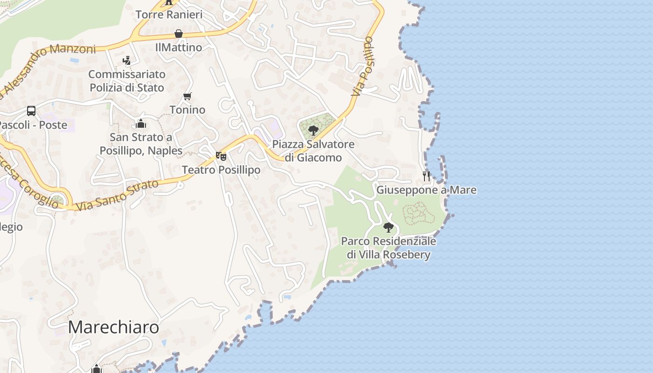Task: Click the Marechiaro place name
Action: coord(113,327)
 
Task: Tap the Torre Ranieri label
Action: coord(169,14)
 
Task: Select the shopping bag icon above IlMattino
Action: coord(179,34)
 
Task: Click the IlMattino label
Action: coord(179,47)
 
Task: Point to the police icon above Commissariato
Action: coord(126,60)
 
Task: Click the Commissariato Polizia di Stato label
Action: coord(127,81)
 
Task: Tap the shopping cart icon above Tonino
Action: coord(188,97)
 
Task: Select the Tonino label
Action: coord(188,110)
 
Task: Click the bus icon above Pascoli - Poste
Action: coord(31,111)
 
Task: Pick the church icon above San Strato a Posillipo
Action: coord(141,124)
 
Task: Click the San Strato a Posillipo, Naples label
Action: coord(141,144)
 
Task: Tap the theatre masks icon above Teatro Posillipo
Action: coord(221,156)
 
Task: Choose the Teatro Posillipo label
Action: coord(221,170)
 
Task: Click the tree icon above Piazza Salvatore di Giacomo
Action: coord(313,130)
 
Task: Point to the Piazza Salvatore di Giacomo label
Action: coord(313,151)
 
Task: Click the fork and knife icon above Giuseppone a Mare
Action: coord(426,176)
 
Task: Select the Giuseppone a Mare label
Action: coord(426,190)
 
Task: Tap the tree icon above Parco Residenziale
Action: coord(388,228)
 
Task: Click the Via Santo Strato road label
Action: coord(117,195)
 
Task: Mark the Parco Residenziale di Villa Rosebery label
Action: coord(389,248)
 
